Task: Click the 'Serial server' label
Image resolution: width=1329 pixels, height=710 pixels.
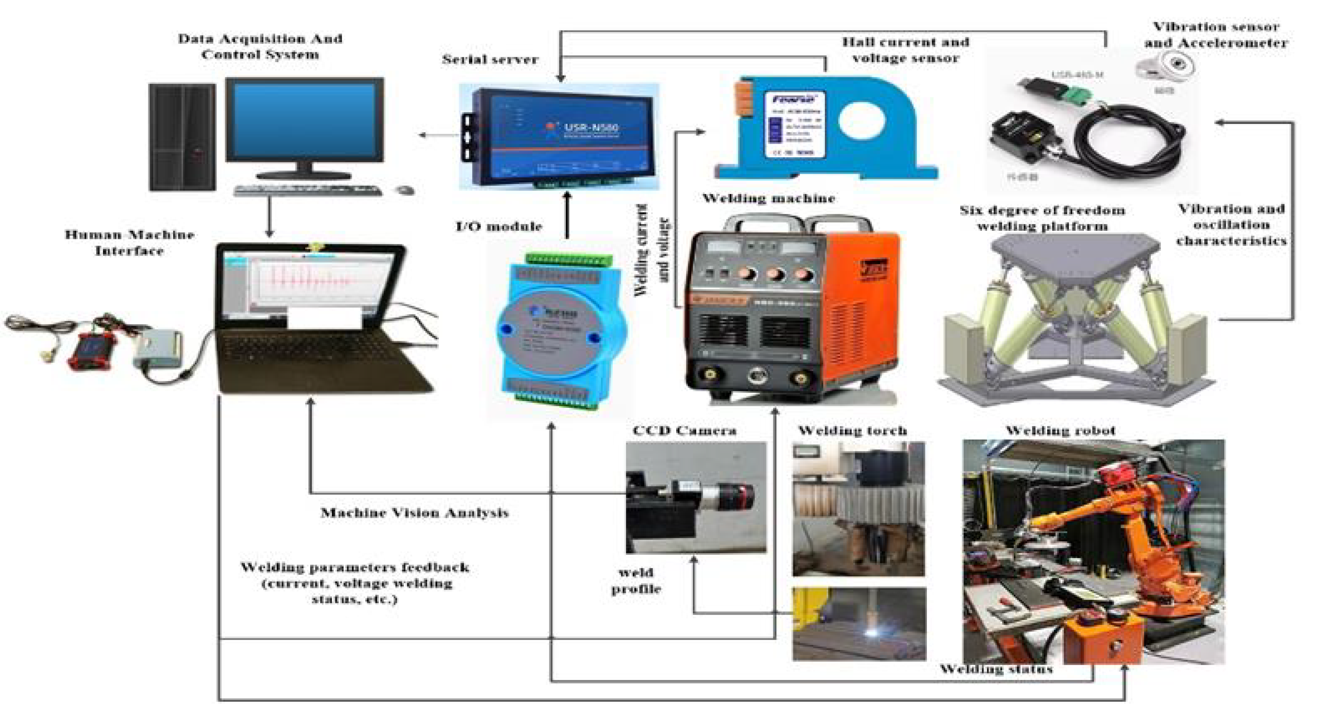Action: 489,60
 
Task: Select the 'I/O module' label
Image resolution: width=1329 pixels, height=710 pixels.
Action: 499,226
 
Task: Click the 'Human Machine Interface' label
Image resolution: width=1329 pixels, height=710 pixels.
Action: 129,243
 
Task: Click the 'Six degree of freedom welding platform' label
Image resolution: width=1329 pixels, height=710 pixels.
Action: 1042,218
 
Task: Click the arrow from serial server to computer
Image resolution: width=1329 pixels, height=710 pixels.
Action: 439,135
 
